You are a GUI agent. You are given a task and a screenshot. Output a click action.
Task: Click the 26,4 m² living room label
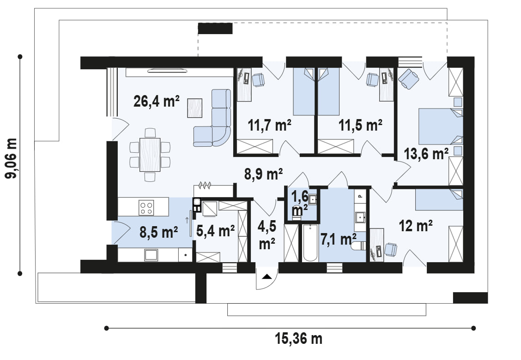[x=157, y=101]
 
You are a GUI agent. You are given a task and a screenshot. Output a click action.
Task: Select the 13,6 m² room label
[x=426, y=154]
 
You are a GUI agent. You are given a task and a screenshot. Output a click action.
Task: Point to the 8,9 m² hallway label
[x=263, y=174]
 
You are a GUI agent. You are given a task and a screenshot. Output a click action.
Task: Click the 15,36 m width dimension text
[x=298, y=339]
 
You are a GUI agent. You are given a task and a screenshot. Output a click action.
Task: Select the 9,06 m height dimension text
[x=11, y=158]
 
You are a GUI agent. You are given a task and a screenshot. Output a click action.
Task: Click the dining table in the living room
[x=150, y=155]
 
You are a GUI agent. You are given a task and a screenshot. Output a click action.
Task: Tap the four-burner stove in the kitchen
[x=146, y=208]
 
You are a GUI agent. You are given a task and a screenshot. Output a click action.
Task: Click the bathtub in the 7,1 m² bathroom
[x=310, y=242]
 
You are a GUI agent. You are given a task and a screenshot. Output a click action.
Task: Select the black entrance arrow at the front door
[x=267, y=276]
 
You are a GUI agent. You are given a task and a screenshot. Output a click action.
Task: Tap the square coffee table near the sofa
[x=195, y=108]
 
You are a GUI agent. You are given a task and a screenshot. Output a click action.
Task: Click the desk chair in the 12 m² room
[x=391, y=249]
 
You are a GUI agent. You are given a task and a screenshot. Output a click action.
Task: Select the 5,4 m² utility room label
[x=215, y=230]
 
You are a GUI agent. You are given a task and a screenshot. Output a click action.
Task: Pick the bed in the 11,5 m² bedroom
[x=329, y=92]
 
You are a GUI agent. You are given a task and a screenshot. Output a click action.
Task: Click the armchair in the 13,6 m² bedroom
[x=408, y=79]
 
